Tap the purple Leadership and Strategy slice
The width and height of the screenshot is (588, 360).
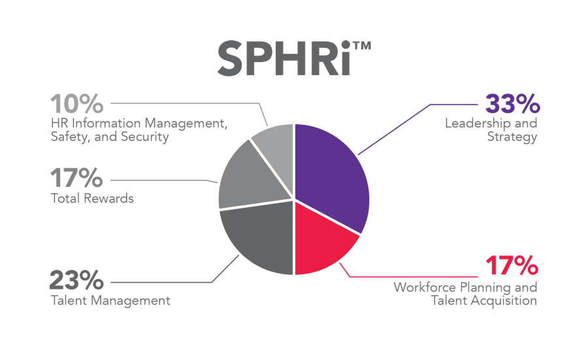pos(330,173)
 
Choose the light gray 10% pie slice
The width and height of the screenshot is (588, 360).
pos(275,140)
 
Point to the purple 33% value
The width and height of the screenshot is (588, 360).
pos(512,105)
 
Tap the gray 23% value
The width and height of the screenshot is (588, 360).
pos(76,282)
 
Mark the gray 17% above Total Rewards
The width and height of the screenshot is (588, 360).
pos(76,178)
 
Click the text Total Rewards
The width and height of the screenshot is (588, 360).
pos(92,198)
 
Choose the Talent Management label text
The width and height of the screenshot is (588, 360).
pos(110,301)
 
